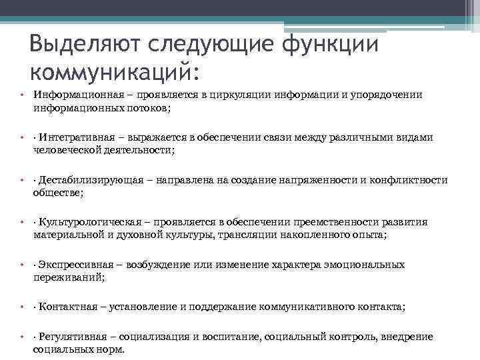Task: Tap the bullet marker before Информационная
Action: [21, 95]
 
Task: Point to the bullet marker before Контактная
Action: [21, 307]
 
